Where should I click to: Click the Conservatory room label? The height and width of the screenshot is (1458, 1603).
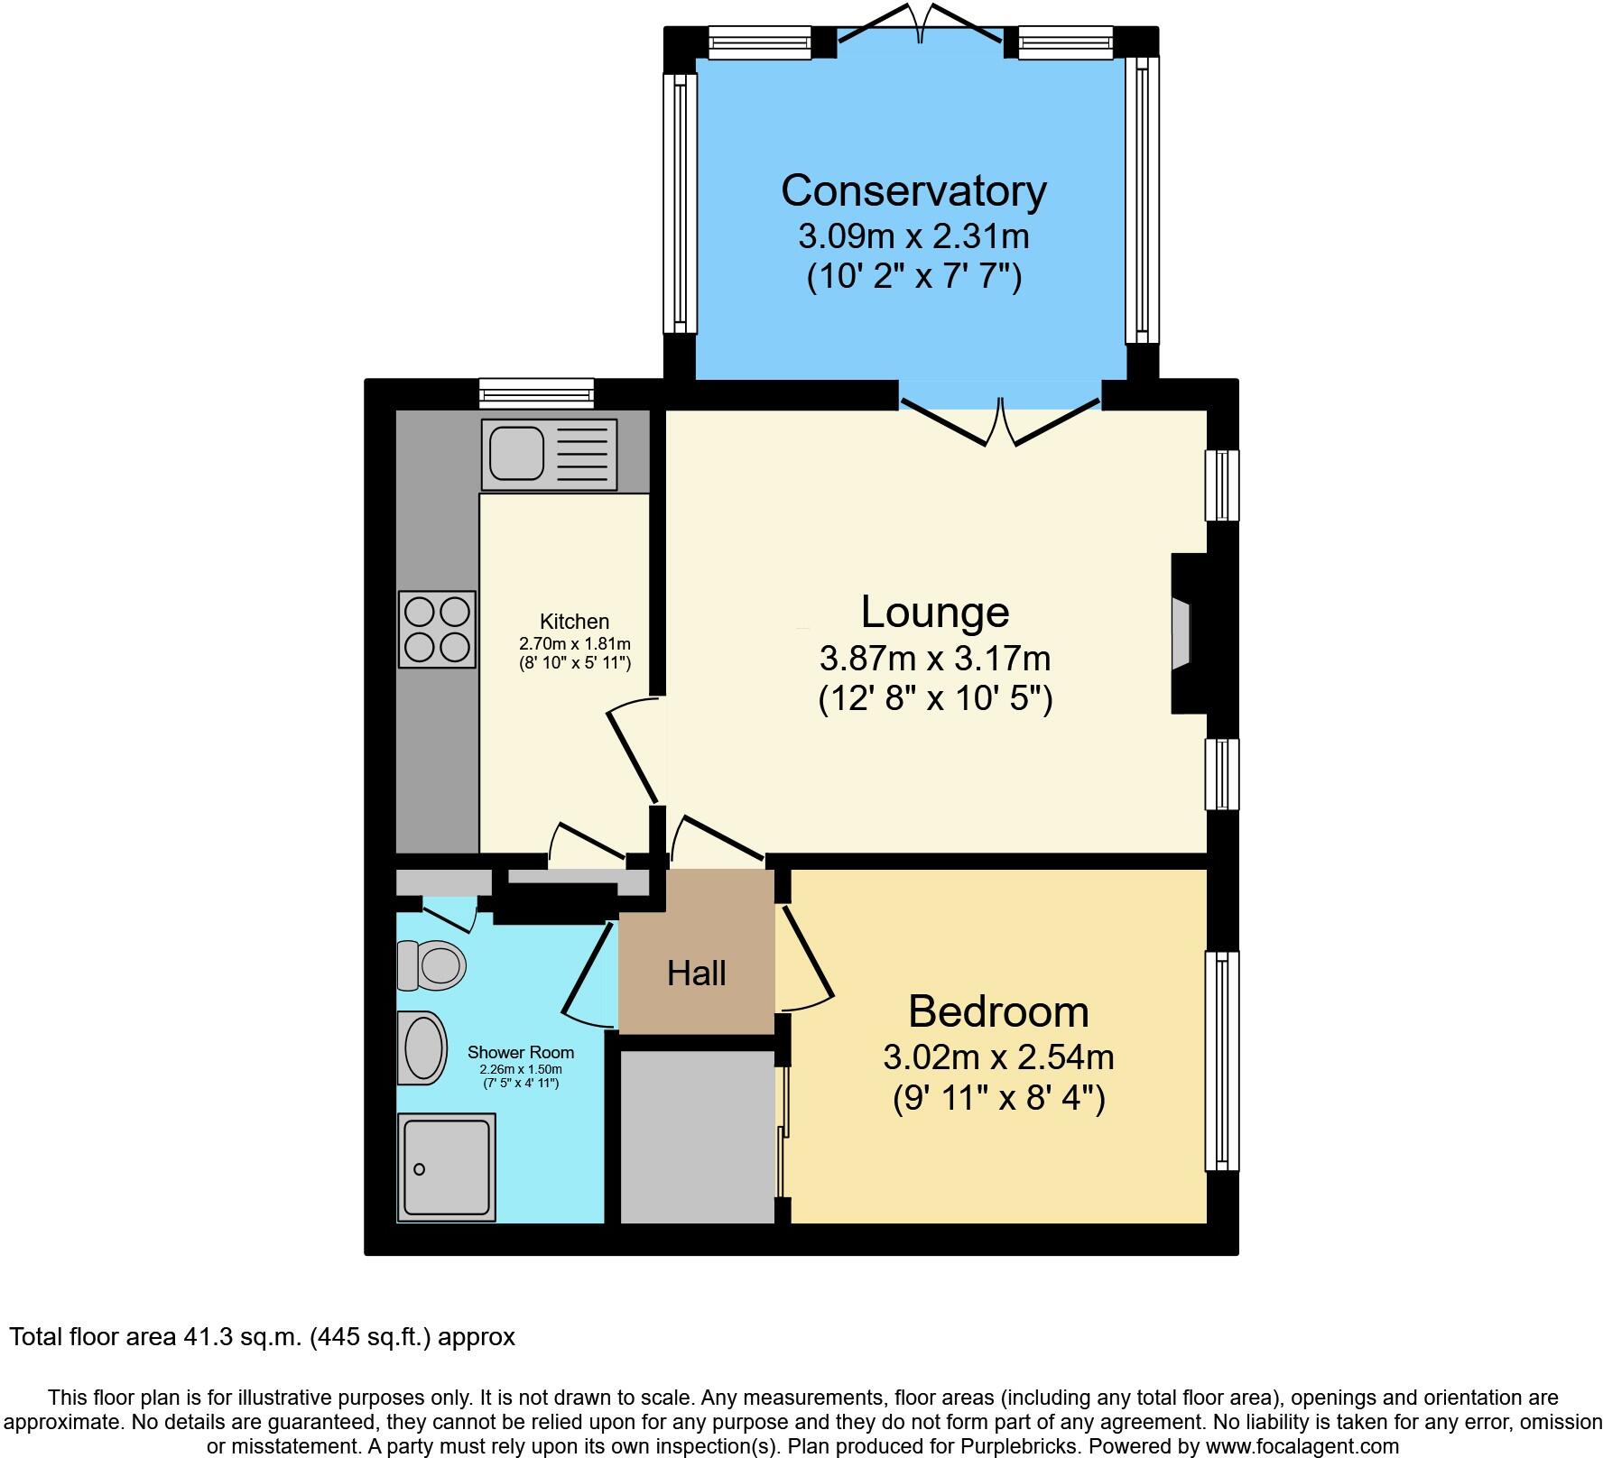pos(913,190)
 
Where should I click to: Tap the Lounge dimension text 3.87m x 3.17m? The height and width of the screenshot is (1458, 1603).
pos(934,659)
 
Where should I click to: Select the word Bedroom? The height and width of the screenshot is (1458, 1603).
pos(998,1011)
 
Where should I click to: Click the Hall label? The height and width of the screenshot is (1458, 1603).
pos(697,974)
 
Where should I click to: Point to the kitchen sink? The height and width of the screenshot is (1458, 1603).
pos(549,454)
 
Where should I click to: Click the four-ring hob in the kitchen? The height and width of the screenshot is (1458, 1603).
pos(437,629)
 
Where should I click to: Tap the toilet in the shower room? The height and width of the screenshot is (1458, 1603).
pos(431,965)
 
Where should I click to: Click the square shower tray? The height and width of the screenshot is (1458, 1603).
pos(446,1167)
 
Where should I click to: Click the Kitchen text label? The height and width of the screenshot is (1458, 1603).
pos(574,622)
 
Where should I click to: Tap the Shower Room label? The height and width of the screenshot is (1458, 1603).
pos(521,1052)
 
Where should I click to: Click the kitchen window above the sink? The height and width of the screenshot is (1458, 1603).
pos(536,392)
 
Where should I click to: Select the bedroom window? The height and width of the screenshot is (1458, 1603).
pos(1222,1060)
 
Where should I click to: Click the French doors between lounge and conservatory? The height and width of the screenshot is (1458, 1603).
pos(999,422)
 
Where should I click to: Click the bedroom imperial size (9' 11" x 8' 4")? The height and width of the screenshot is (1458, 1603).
pos(998,1099)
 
